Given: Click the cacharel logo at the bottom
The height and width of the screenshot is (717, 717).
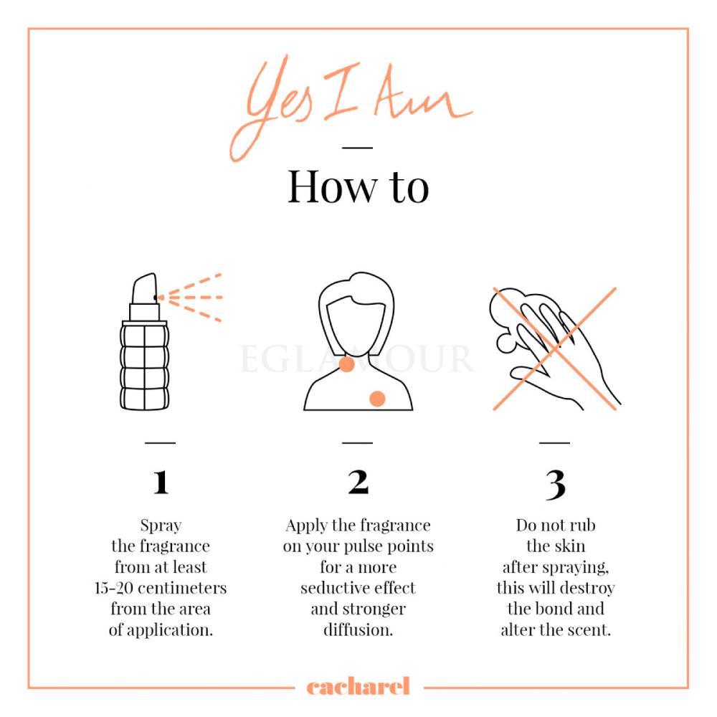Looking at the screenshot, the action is click(x=358, y=687).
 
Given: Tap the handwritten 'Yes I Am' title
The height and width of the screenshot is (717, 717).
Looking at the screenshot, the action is click(x=350, y=108).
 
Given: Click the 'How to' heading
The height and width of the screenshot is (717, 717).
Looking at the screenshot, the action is click(x=358, y=186).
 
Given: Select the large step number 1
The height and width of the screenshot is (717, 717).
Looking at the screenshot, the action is click(x=161, y=482).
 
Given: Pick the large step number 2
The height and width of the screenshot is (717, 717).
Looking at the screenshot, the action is click(x=358, y=482).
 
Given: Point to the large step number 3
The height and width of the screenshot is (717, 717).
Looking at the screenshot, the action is click(x=556, y=485).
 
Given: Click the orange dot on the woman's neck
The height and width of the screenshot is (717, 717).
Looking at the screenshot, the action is click(x=346, y=364).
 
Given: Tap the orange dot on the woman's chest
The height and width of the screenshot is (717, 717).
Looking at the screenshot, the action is click(x=377, y=399).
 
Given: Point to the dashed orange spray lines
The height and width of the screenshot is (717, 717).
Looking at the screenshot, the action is click(x=190, y=298).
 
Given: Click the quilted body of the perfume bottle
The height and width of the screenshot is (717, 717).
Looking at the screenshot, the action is click(x=145, y=366).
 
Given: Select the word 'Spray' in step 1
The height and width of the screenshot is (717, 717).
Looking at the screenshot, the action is click(x=161, y=526).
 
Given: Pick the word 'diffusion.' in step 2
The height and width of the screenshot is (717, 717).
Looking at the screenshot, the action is click(x=358, y=630).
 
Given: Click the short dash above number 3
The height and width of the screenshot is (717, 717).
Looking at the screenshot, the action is click(x=555, y=442).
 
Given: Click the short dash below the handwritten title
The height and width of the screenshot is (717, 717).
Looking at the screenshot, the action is click(x=358, y=148).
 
